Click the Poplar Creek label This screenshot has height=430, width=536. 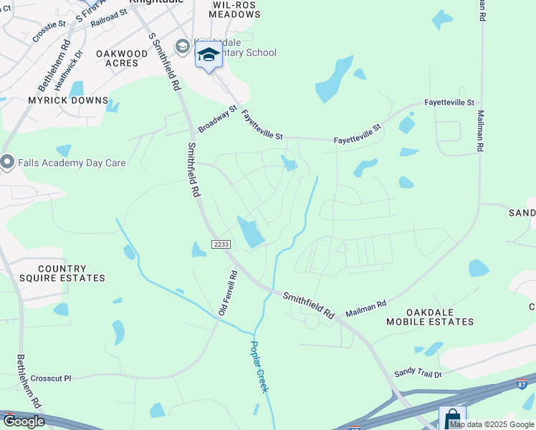click(x=259, y=365)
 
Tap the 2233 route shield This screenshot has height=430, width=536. click(x=221, y=244)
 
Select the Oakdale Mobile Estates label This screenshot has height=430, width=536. click(x=440, y=317)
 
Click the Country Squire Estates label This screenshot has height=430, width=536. click(x=72, y=273)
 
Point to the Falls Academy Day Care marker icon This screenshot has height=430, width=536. click(x=8, y=163)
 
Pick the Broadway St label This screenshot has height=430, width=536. click(x=217, y=119)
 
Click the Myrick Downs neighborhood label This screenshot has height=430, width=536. click(x=68, y=100)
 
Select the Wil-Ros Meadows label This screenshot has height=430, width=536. click(x=235, y=9)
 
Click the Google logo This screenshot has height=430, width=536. click(x=23, y=421)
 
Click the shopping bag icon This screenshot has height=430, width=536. click(x=453, y=419)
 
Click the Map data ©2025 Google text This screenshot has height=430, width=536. click(x=492, y=425)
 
